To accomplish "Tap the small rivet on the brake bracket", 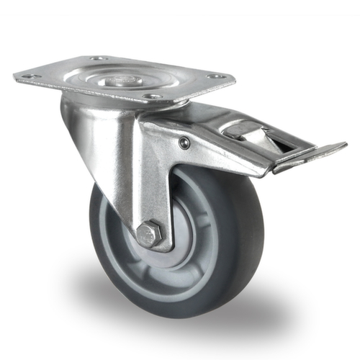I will [185, 143].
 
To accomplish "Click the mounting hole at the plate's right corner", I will [214, 76].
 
